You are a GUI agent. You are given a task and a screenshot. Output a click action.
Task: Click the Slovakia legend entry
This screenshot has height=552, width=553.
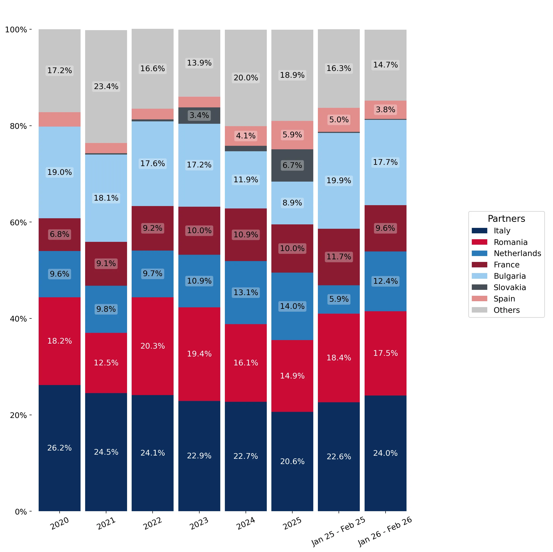click(x=499, y=287)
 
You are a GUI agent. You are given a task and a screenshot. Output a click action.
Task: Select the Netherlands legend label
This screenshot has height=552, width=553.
click(x=517, y=253)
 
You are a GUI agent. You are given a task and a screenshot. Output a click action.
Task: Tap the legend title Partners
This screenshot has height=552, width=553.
click(x=506, y=219)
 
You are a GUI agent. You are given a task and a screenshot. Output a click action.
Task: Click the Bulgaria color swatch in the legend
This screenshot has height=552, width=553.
click(x=479, y=276)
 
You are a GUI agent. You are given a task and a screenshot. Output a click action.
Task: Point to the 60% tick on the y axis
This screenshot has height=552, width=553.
click(x=31, y=222)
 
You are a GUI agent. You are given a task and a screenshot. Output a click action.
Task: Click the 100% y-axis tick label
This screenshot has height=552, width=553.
click(x=16, y=30)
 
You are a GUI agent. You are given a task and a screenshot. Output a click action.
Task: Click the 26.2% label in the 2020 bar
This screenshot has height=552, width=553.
click(x=60, y=447)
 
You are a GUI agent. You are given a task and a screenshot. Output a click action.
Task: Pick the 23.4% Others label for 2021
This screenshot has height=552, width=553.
click(x=106, y=86)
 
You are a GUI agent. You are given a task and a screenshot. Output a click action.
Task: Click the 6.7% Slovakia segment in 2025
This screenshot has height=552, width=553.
click(x=292, y=165)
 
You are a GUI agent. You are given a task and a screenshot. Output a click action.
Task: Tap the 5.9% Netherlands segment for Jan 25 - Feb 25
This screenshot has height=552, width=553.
click(x=339, y=299)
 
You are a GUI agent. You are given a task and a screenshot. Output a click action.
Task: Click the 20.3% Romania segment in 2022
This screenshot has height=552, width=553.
click(x=153, y=346)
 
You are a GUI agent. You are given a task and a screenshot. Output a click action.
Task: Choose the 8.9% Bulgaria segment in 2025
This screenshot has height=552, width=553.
click(x=292, y=203)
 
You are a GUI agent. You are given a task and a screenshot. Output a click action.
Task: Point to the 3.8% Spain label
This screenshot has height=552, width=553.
click(x=385, y=110)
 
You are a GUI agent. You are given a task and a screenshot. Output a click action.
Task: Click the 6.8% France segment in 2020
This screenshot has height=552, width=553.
click(x=60, y=235)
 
